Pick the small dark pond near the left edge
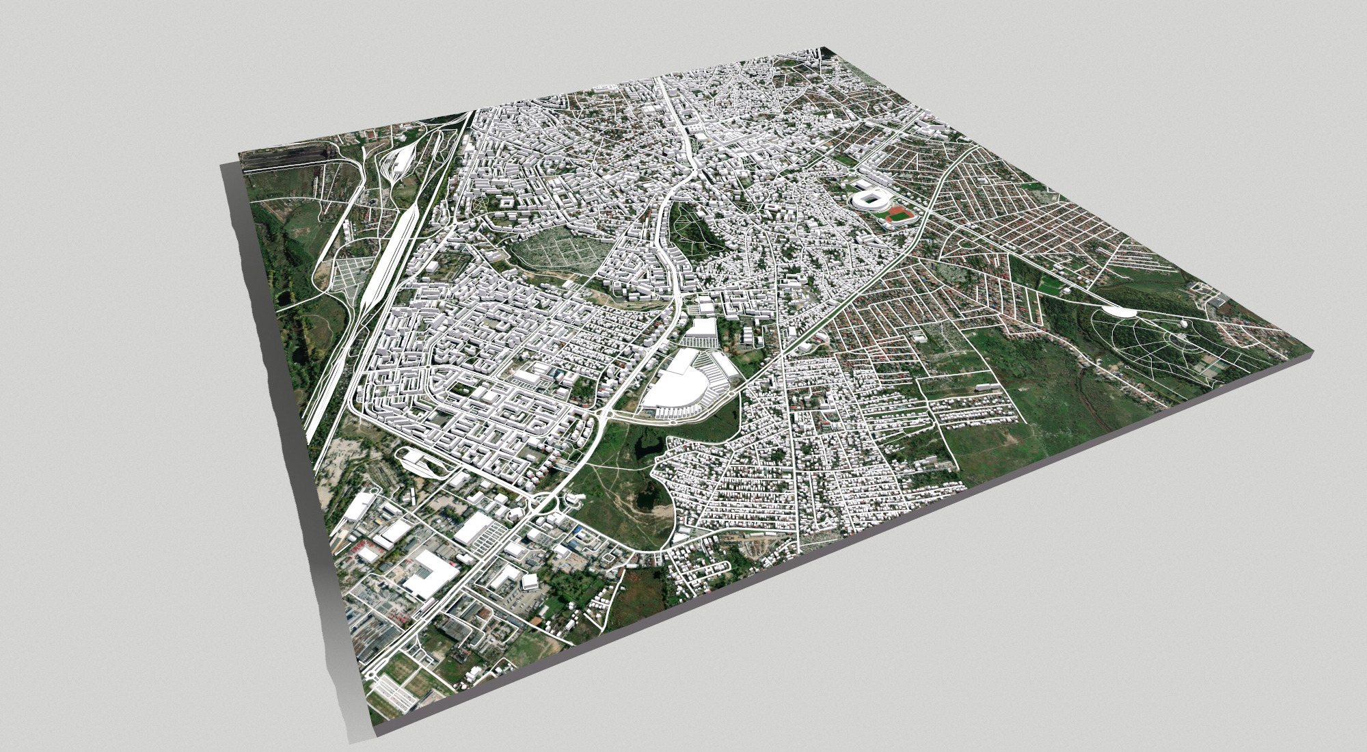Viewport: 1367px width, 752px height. (x=297, y=355)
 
